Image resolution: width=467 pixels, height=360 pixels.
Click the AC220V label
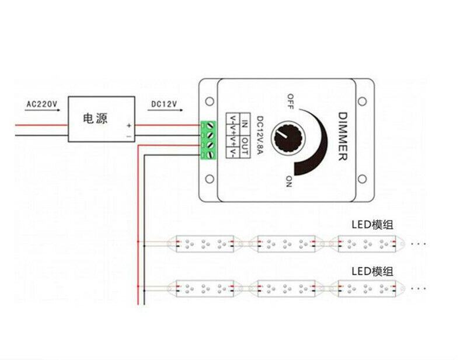coord(41,104)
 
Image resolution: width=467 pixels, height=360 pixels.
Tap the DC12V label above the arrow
coord(164,104)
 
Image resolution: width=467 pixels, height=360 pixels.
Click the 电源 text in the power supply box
coord(95,118)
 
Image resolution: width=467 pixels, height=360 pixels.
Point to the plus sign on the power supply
coord(129,125)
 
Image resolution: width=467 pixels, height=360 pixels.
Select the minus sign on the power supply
coord(128,137)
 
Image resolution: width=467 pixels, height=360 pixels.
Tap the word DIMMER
coord(343,137)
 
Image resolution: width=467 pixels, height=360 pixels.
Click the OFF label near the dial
coord(290,102)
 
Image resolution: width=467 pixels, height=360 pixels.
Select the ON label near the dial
coord(288,181)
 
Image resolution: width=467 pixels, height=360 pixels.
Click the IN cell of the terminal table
coord(245,124)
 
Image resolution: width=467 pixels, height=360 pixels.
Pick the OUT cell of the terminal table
coord(245,146)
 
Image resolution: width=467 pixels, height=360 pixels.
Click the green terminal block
coord(208,140)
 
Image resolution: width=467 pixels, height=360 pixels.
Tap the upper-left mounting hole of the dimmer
coord(210,102)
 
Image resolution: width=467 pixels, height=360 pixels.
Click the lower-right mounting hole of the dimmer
coord(362,179)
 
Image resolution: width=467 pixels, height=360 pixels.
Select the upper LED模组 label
coord(372,225)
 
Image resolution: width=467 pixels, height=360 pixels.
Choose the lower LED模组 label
coord(372,271)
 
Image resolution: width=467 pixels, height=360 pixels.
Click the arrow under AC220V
coord(42,110)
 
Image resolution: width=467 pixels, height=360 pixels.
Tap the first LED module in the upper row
coord(205,244)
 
